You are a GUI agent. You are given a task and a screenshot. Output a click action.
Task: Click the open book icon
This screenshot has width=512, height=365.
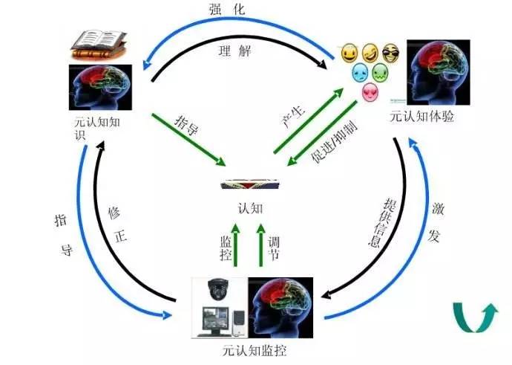point(99,45)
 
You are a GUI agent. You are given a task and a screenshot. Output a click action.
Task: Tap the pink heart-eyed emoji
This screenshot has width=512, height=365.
point(370,93)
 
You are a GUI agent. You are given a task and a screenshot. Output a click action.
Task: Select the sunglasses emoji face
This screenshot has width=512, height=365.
point(390,54)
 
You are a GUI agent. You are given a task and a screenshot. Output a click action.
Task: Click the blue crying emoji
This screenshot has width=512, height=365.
point(360,73)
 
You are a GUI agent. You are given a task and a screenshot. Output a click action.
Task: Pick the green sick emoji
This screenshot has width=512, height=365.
point(381,73)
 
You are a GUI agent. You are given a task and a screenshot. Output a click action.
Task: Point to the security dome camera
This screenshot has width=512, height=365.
point(218,289)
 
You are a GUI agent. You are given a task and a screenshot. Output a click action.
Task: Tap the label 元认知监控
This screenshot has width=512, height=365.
point(255,351)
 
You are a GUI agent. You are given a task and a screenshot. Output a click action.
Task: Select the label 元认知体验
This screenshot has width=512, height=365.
point(422,117)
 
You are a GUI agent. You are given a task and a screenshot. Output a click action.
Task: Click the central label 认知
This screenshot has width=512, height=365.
point(250,208)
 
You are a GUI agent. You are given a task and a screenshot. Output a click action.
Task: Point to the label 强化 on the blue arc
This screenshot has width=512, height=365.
point(227,9)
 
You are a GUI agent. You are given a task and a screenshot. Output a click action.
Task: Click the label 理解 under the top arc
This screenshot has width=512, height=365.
point(234,51)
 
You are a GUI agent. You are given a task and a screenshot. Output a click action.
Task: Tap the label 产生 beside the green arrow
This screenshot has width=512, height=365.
point(293,116)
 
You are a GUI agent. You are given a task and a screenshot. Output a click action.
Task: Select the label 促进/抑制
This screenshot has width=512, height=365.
point(334,142)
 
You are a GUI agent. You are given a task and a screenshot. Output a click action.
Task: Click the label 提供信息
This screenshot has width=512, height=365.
point(382,222)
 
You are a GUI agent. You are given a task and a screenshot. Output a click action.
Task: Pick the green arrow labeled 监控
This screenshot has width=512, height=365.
point(235,245)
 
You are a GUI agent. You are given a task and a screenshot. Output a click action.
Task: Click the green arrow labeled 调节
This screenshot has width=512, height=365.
point(260,245)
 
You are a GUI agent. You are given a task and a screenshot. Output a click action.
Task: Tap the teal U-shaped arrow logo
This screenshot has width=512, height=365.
point(474,317)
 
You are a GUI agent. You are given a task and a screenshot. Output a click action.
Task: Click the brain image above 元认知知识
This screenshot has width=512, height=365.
point(101,87)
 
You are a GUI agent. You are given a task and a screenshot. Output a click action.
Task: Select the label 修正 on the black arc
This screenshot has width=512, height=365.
point(117,226)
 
